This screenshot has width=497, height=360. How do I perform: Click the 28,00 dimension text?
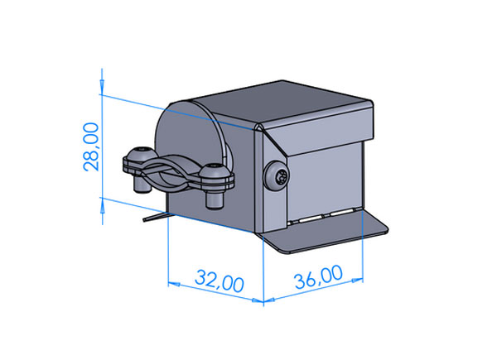[x=91, y=146]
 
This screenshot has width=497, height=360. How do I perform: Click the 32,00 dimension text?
[x=220, y=281]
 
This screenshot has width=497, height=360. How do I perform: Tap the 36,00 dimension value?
[x=318, y=276]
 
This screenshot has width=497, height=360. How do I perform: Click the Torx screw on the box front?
[x=277, y=176]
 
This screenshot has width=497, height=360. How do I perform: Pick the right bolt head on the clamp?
[x=215, y=171]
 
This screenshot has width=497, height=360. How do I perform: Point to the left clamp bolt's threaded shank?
[x=142, y=185]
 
